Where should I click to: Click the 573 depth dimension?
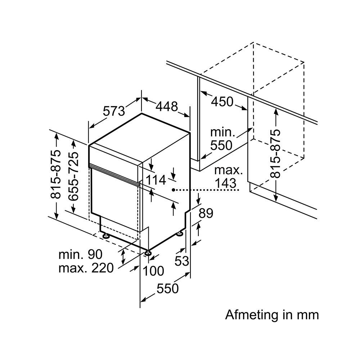pos(114,111)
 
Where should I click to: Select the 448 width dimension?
pos(167,106)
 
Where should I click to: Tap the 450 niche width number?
pos(222,102)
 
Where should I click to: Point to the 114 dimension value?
pos(156,180)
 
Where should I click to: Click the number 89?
pos(206,213)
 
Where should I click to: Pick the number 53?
pos(181,261)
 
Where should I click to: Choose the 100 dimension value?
pos(153,271)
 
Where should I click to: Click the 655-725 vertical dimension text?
pos(73,176)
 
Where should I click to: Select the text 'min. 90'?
pos(80,255)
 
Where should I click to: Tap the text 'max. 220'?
pos(86,268)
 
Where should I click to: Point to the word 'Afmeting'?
pos(252,315)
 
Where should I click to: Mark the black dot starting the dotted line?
pos(174,190)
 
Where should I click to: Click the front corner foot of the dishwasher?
pos(148,253)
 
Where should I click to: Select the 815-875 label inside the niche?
pos(275,154)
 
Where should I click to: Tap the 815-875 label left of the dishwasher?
pos(56,174)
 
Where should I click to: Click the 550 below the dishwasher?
pos(168,288)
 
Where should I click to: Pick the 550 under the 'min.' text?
pos(221,145)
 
